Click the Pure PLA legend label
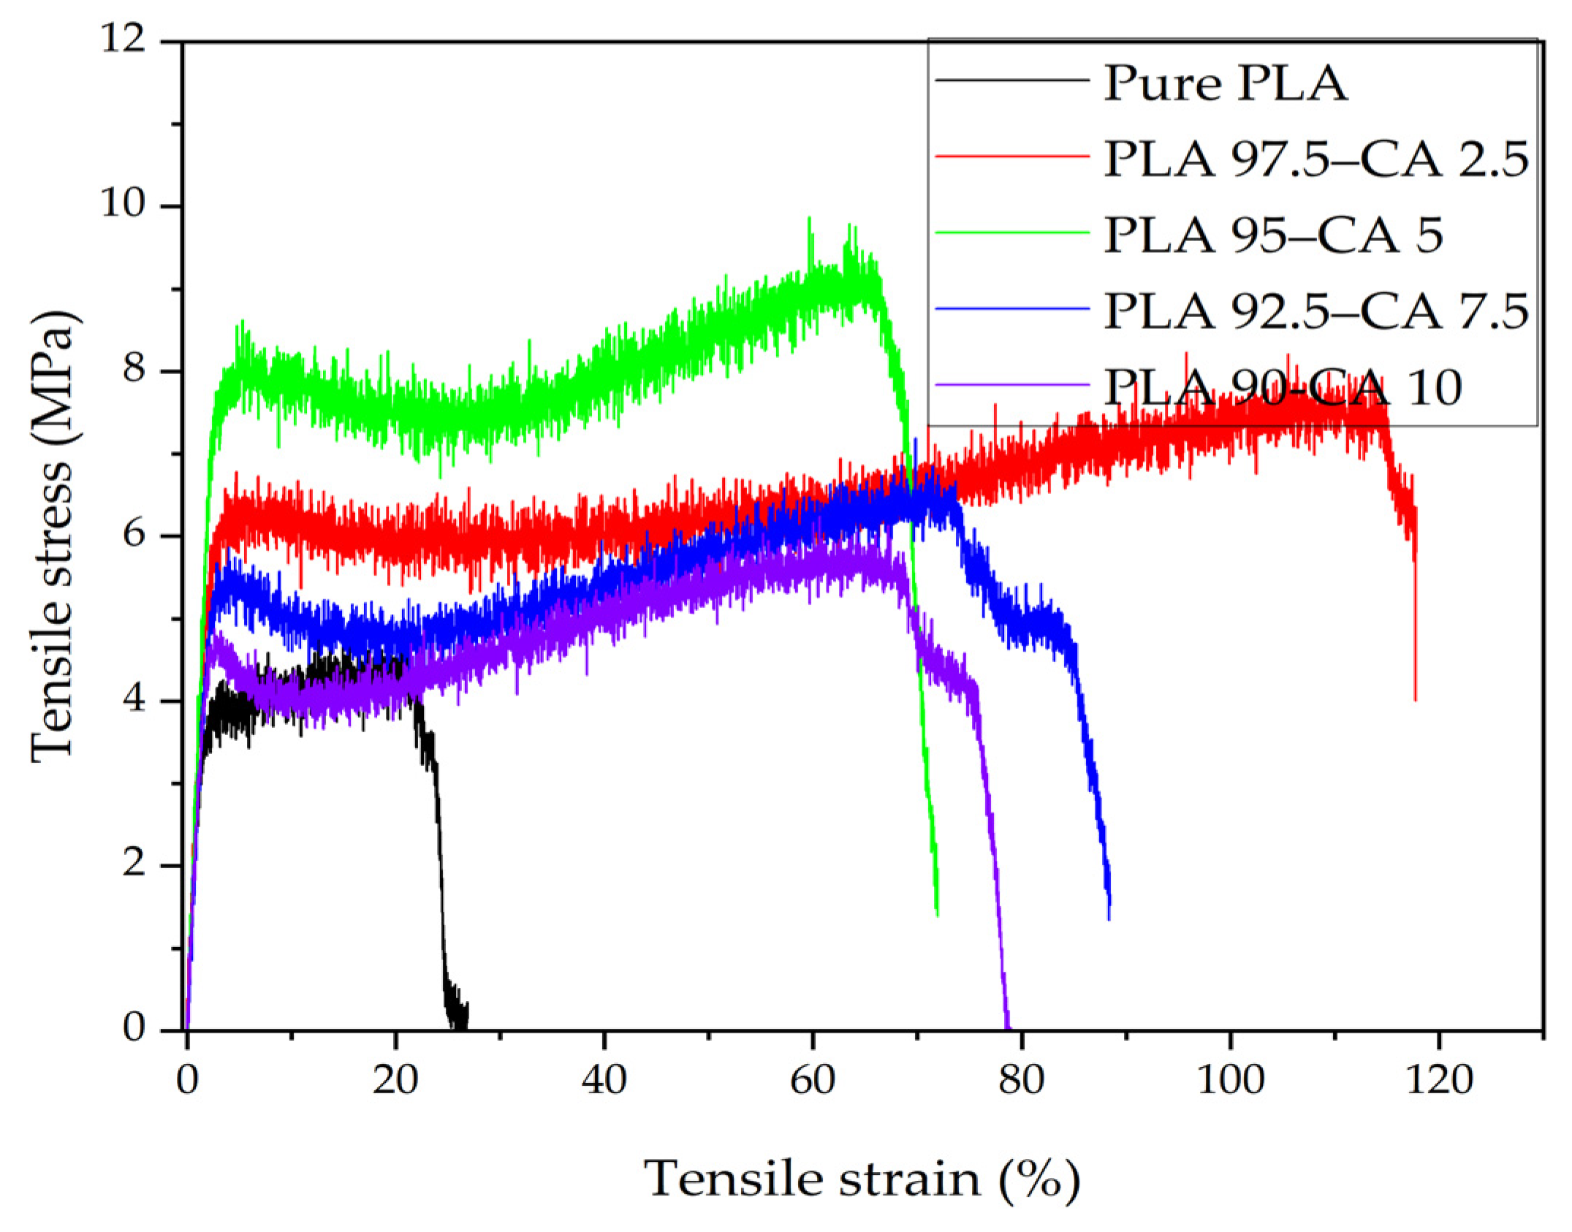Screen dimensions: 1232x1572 pyautogui.click(x=1225, y=84)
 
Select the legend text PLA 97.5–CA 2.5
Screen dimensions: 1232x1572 pyautogui.click(x=1315, y=159)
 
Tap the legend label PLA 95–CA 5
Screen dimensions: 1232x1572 pyautogui.click(x=1273, y=235)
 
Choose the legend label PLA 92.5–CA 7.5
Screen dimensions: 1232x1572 pyautogui.click(x=1315, y=311)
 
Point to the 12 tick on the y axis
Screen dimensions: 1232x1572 pyautogui.click(x=130, y=42)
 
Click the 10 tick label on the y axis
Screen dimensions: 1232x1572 pyautogui.click(x=130, y=207)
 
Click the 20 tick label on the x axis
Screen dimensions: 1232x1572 pyautogui.click(x=395, y=1080)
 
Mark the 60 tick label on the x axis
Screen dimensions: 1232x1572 pyautogui.click(x=813, y=1080)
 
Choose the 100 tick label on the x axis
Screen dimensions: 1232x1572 pyautogui.click(x=1230, y=1080)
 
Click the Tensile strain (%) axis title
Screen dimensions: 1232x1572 pyautogui.click(x=862, y=1178)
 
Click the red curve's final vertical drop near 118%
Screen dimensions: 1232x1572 pyautogui.click(x=1416, y=628)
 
